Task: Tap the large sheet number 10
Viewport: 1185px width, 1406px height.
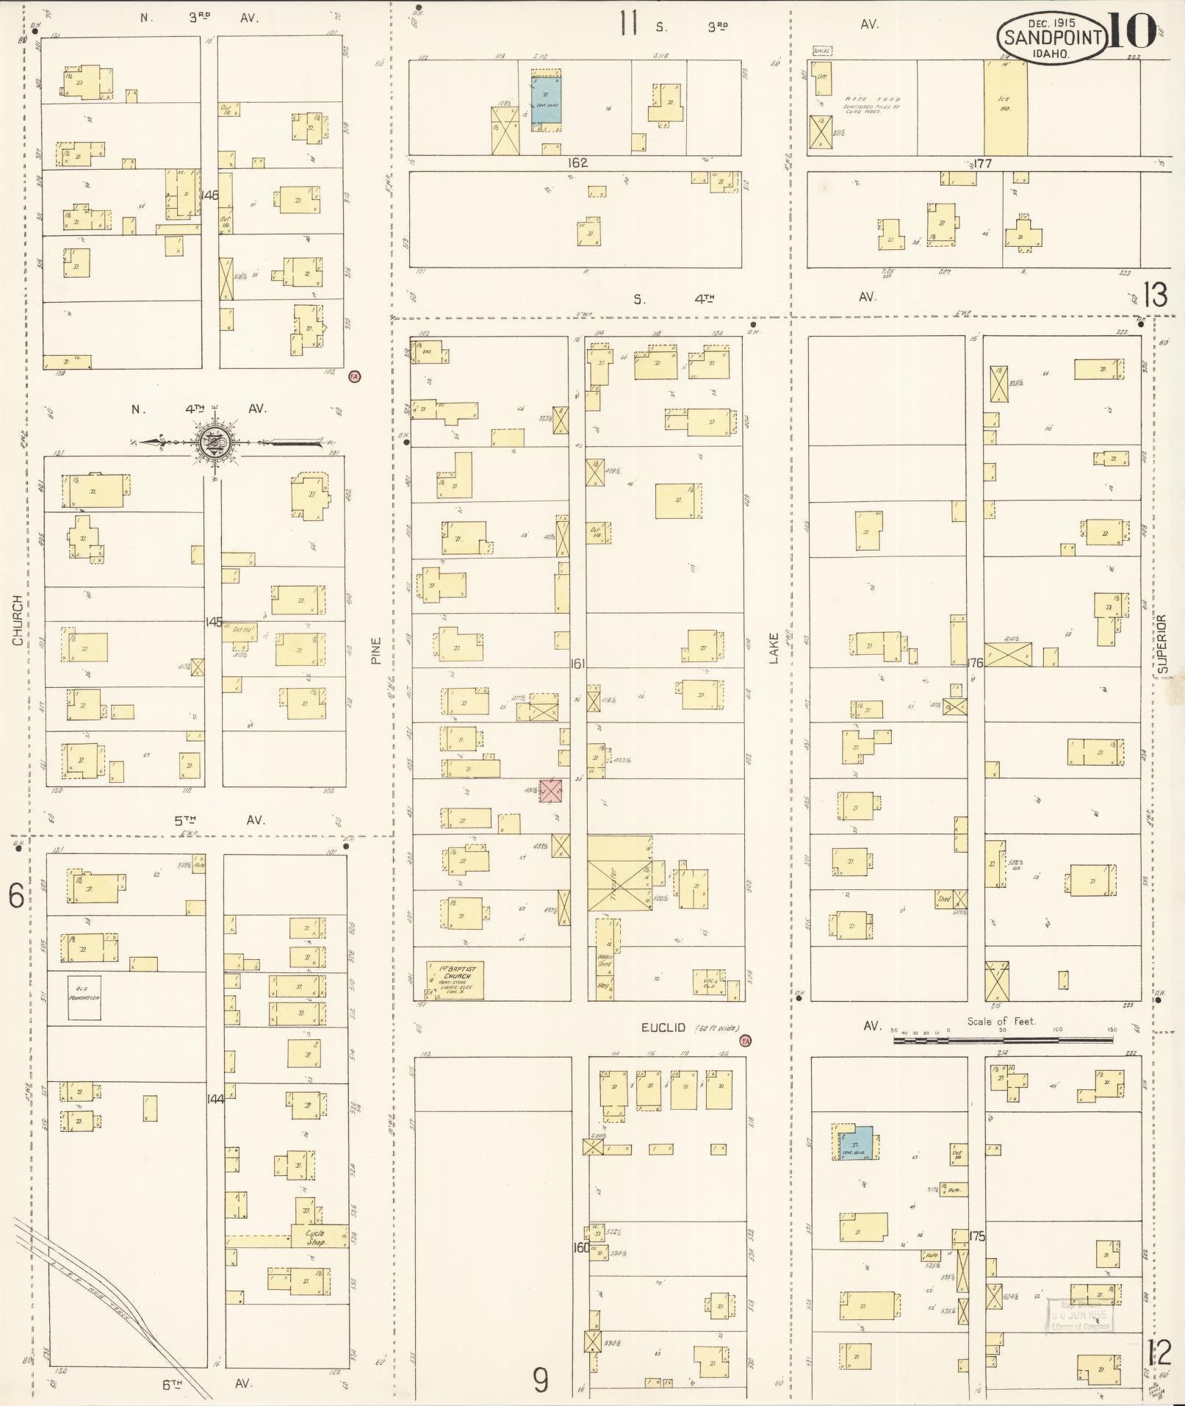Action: (x=1129, y=32)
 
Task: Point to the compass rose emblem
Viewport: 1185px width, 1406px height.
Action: (x=214, y=442)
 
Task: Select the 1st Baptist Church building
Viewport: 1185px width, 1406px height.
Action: (x=456, y=979)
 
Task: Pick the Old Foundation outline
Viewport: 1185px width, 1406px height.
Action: (x=84, y=997)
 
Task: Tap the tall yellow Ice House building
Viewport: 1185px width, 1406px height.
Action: (x=1005, y=108)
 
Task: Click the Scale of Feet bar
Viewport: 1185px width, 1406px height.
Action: (x=1002, y=1040)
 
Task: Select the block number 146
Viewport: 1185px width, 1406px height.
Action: (x=209, y=196)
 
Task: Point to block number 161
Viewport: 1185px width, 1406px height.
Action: (x=577, y=664)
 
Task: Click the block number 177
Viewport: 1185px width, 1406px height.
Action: (x=982, y=163)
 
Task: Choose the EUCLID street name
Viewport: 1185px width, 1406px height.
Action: (x=663, y=1027)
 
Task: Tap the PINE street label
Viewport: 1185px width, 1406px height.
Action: (x=377, y=650)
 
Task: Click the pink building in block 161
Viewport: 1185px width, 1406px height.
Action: (x=551, y=791)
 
